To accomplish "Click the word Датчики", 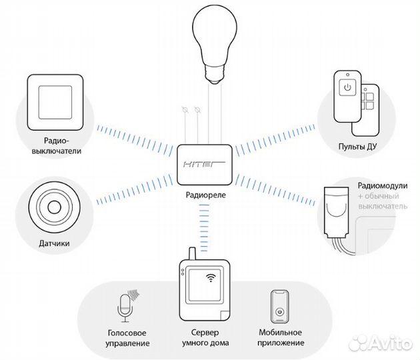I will point(57,244).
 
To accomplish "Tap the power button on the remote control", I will point(346,87).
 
